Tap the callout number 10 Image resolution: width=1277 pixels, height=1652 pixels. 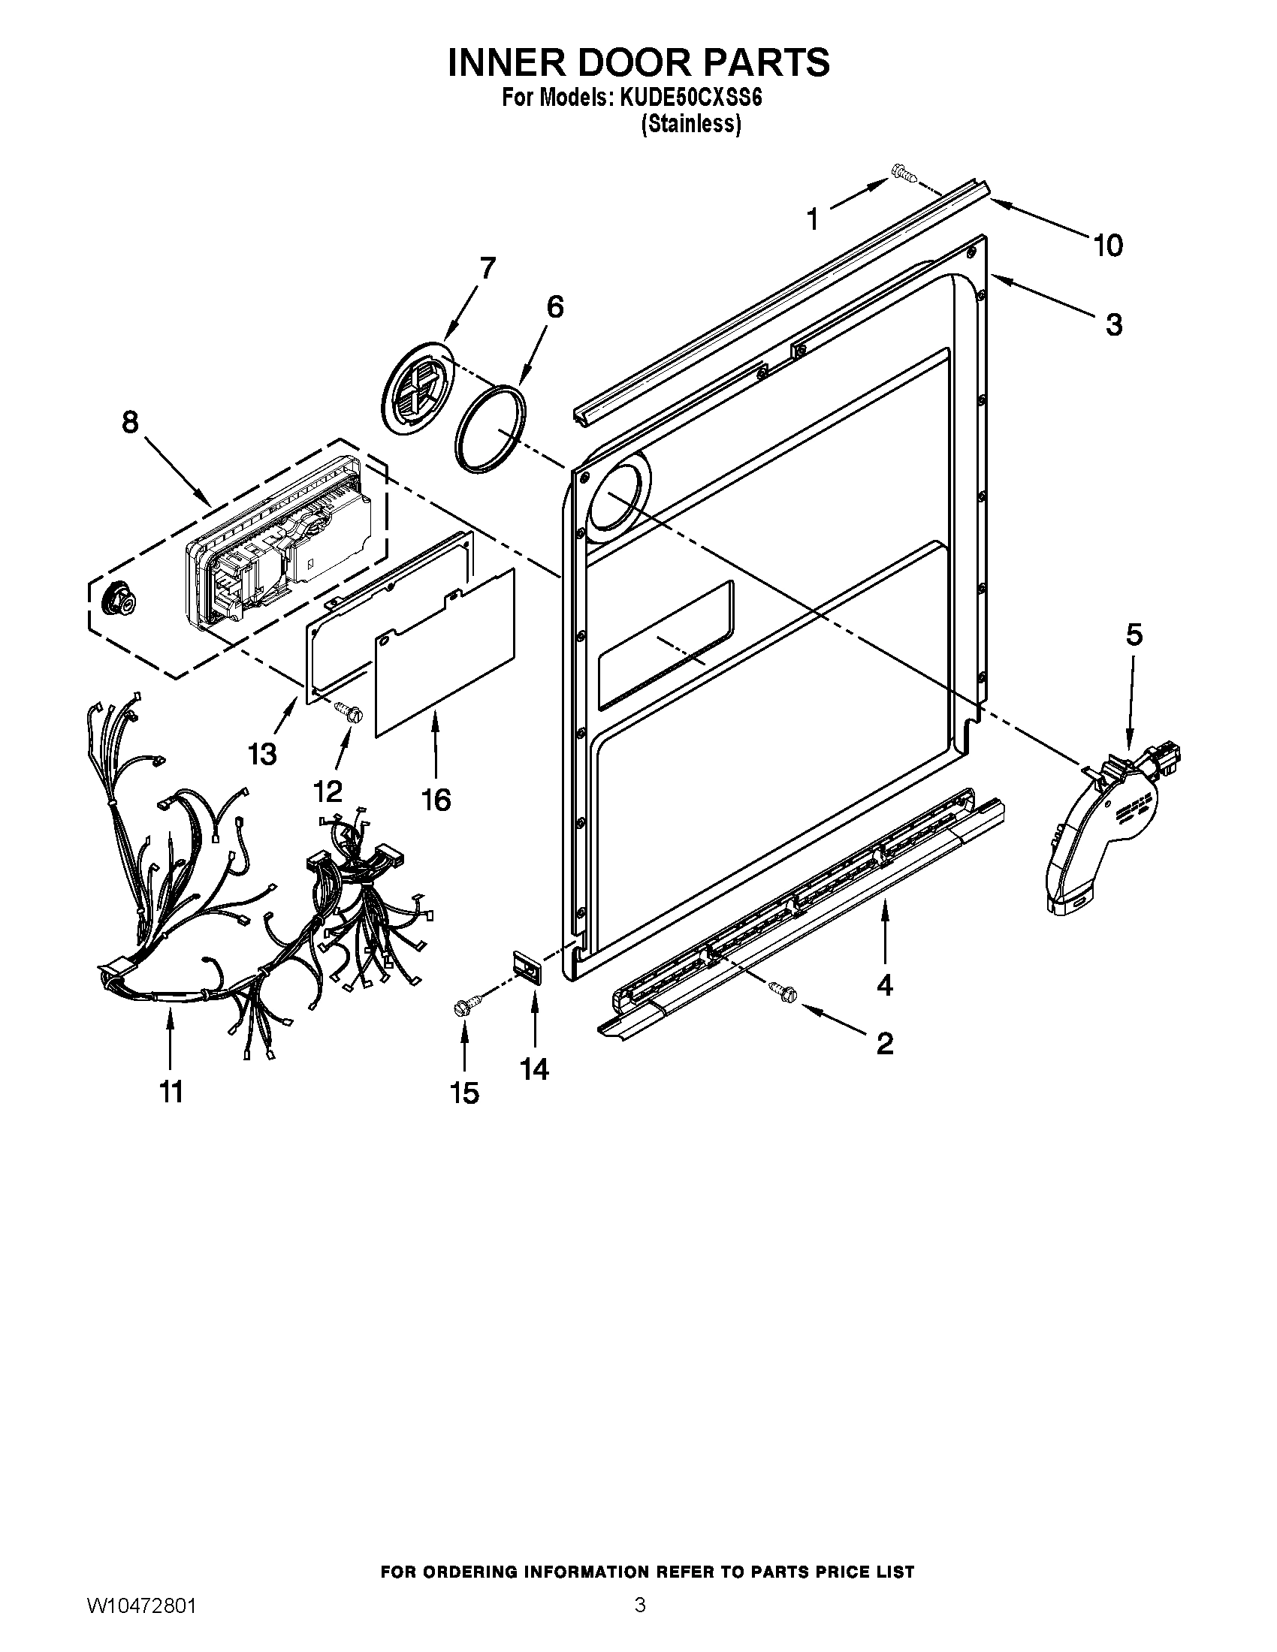click(x=1107, y=245)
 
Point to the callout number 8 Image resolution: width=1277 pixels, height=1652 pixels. click(x=130, y=422)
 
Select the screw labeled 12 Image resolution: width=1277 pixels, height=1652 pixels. click(x=349, y=711)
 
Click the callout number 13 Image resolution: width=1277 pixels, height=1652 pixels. click(x=262, y=753)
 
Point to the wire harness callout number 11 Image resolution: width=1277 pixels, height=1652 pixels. click(x=171, y=1092)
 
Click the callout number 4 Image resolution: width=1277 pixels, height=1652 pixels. click(x=884, y=984)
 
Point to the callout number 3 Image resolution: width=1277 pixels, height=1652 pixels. click(x=1113, y=324)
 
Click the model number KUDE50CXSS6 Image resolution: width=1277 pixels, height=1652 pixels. click(x=690, y=98)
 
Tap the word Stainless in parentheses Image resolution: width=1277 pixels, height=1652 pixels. click(x=690, y=124)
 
